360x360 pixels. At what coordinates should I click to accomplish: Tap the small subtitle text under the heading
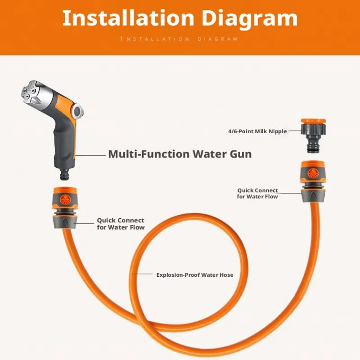tap(179, 39)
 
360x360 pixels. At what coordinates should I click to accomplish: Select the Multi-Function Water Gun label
tap(180, 154)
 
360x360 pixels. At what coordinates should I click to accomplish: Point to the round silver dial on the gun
tap(78, 111)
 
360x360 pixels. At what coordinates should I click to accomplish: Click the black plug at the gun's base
tap(64, 174)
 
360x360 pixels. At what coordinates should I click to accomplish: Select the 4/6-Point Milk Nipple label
tap(257, 131)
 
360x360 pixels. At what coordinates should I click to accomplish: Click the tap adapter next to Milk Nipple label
tap(313, 135)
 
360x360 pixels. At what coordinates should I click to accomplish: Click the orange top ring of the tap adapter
tap(313, 121)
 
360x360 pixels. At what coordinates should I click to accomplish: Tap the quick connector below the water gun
tap(65, 208)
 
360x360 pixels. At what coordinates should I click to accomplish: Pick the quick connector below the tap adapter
tap(313, 181)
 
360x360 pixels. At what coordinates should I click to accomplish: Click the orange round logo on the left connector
tap(65, 200)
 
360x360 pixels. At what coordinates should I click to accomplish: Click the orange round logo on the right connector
tap(313, 173)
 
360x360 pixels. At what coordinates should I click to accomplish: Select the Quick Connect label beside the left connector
tap(121, 224)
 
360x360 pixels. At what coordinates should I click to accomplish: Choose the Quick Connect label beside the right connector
tap(257, 193)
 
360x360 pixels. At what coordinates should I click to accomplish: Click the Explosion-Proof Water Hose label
tap(195, 275)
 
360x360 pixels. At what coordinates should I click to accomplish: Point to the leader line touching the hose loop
tap(142, 274)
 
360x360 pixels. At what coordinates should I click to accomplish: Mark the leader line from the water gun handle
tap(90, 155)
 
